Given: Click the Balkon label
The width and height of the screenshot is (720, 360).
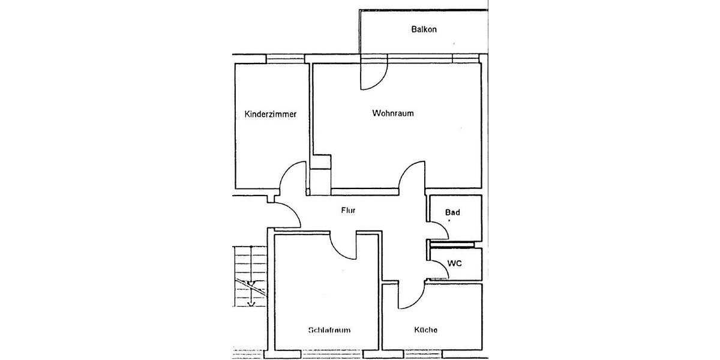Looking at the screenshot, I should coord(424,29).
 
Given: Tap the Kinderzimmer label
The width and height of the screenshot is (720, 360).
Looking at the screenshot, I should coord(271,114).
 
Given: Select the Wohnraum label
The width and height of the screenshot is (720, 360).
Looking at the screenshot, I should coord(393,113).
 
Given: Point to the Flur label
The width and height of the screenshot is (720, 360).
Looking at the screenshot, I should coord(349,211).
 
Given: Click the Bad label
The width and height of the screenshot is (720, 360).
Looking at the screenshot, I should coord(452,212).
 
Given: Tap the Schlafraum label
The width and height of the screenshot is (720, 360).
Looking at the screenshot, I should coord(329,330).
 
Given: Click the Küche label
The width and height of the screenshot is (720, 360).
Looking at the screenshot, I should coord(425,330).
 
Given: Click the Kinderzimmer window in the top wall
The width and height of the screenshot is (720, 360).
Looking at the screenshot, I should coord(286,58).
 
